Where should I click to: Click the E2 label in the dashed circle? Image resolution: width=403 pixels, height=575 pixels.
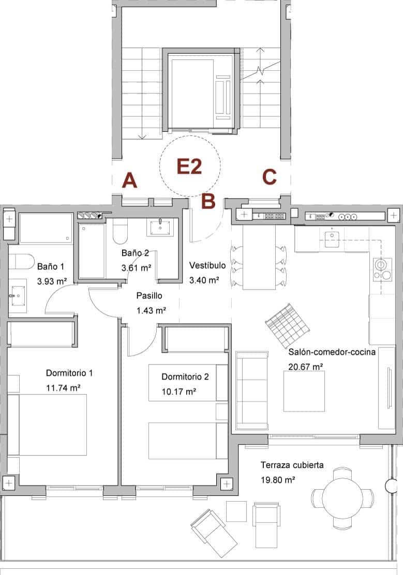189,167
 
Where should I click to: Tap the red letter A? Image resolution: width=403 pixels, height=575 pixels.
129,180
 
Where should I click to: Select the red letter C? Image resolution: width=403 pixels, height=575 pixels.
269,177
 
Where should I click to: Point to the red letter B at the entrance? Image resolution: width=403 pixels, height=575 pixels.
207,201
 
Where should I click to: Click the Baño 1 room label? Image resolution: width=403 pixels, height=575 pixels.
51,267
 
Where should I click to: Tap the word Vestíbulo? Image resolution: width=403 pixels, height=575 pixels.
207,265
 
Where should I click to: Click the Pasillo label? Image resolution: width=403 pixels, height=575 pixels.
150,296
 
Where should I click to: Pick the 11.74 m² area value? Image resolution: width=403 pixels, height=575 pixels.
63,387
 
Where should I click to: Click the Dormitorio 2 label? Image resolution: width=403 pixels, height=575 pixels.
185,376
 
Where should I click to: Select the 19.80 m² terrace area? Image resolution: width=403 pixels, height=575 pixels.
278,479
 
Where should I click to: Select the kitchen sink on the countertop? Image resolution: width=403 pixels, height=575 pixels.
331,237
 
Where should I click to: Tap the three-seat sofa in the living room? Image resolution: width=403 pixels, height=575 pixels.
252,391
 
